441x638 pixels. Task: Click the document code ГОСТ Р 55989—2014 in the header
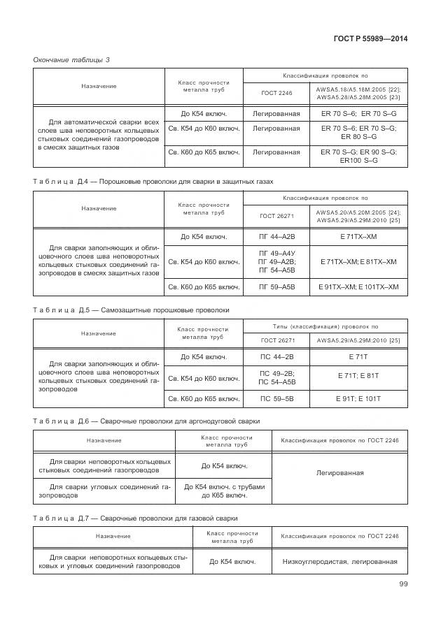(x=370, y=38)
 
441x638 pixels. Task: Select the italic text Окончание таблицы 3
(x=71, y=59)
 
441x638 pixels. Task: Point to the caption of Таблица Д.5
(x=131, y=309)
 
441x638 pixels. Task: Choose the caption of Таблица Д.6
(x=146, y=421)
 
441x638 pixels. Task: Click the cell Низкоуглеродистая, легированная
(x=339, y=561)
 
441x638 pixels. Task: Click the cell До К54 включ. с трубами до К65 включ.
(x=224, y=491)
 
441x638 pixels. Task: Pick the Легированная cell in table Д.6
(x=339, y=473)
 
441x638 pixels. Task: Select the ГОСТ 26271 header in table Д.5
(x=277, y=340)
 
